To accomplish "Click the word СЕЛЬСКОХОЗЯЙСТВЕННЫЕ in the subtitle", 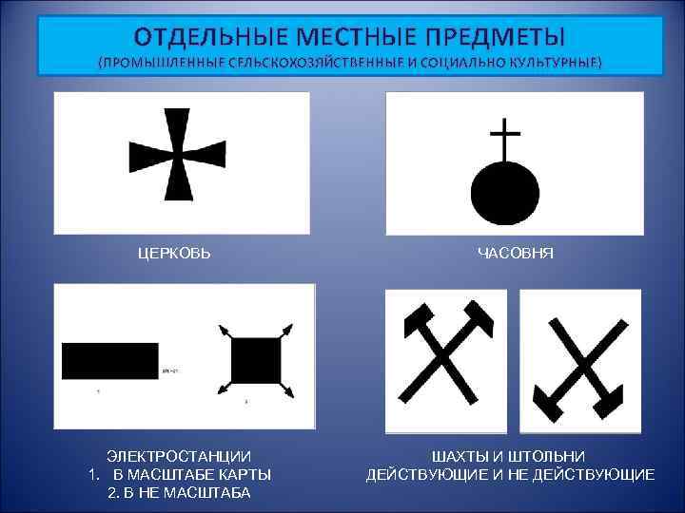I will click(x=305, y=63).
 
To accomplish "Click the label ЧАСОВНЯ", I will click(x=516, y=254).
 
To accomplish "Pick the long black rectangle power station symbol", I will click(x=109, y=360).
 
